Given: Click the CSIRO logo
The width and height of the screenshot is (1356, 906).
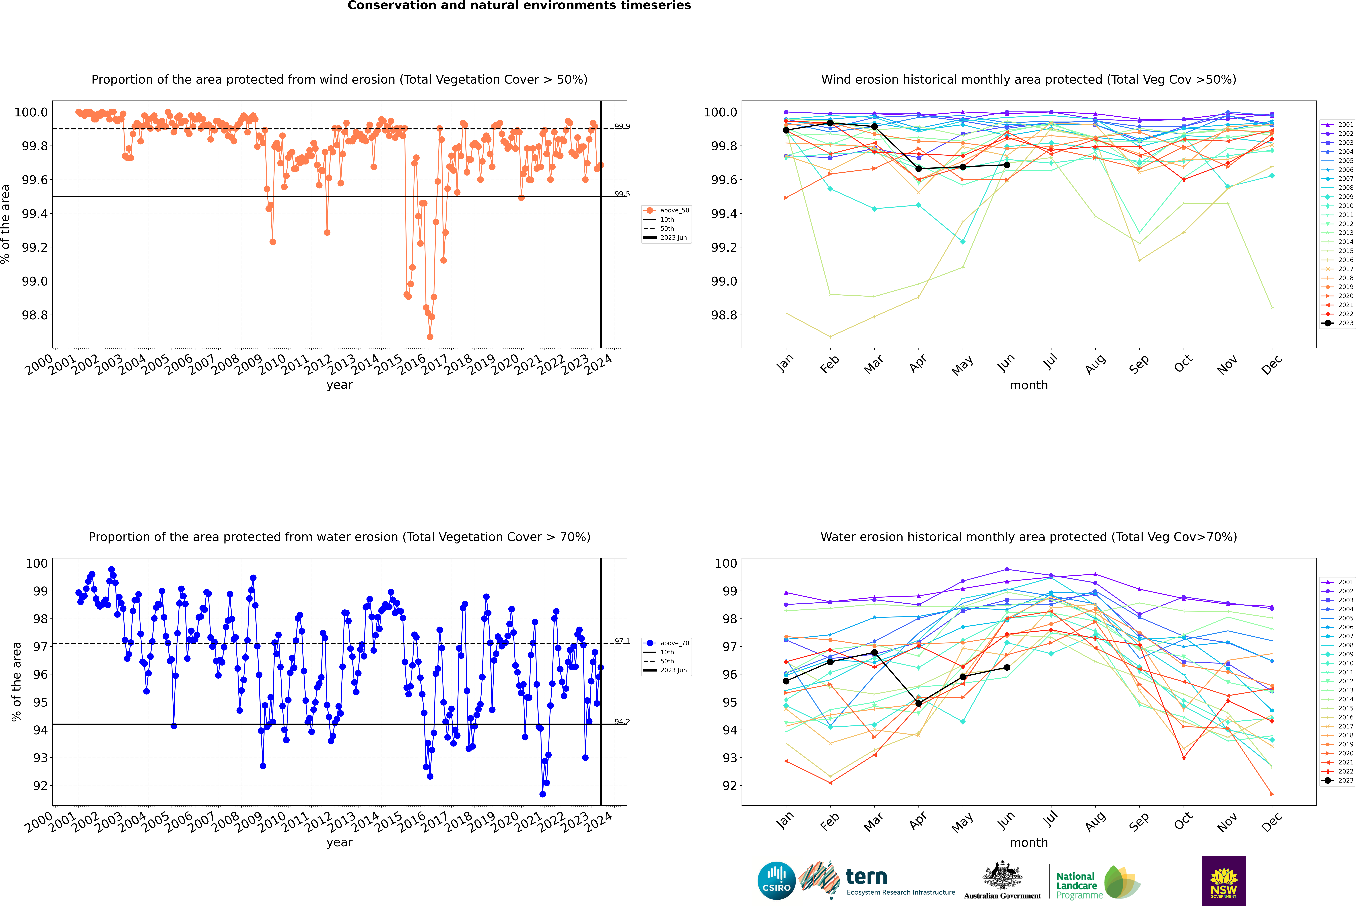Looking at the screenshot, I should point(776,881).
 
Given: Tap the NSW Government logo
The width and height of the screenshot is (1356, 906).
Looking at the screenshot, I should point(1224,881).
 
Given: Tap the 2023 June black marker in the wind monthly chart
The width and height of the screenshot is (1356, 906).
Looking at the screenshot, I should point(1007,165).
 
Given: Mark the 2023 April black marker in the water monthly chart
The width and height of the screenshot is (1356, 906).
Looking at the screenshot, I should point(918,703).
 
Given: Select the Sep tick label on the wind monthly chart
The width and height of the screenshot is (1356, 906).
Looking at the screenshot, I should point(1139,365).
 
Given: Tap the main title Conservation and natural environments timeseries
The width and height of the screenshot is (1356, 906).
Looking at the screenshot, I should point(519,6).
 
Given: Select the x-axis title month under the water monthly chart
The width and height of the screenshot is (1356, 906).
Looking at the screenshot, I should point(1028,842).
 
